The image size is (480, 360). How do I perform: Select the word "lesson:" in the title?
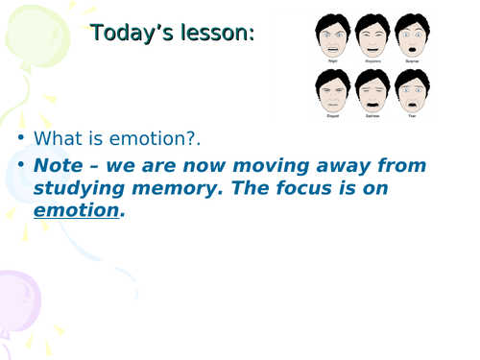point(220,34)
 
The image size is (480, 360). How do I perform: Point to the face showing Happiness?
point(371,36)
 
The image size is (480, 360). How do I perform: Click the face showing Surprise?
point(411,36)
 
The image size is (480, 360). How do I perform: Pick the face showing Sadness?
point(371,92)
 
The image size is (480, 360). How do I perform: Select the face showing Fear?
point(411,92)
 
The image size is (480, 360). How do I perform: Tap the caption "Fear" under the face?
point(411,120)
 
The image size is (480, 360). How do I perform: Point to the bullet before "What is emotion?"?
point(21,139)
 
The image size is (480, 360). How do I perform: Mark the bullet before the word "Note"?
point(21,165)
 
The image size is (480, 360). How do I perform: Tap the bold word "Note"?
point(58,165)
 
